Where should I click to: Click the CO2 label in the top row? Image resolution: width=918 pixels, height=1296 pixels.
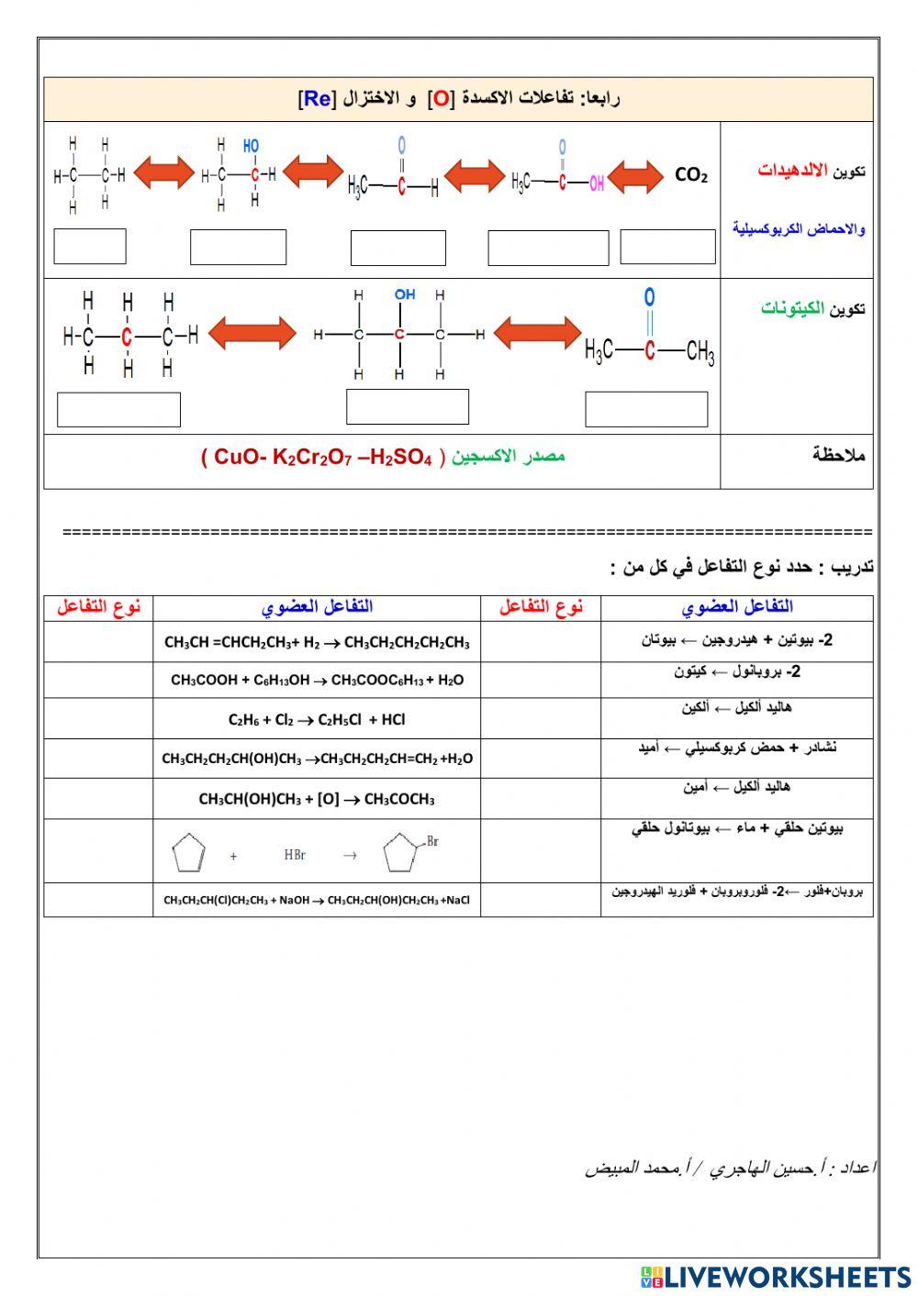click(x=690, y=175)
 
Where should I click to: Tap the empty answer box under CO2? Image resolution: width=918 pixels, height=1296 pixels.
click(x=667, y=248)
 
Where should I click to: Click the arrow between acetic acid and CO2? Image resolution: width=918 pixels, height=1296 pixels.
click(x=635, y=177)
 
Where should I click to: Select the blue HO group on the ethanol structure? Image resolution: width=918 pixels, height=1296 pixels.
click(x=251, y=146)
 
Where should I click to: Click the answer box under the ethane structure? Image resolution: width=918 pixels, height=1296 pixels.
click(x=90, y=247)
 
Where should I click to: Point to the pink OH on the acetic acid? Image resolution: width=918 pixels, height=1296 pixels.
click(x=596, y=183)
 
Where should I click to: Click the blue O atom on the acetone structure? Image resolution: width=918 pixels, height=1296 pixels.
click(x=649, y=298)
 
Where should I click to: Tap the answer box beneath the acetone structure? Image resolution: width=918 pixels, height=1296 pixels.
click(x=646, y=409)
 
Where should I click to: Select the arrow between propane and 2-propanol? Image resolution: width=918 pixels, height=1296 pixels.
click(x=252, y=333)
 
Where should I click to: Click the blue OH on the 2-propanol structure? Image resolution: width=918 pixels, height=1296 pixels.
click(x=405, y=294)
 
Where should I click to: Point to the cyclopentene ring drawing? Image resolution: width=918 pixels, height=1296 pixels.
click(x=187, y=854)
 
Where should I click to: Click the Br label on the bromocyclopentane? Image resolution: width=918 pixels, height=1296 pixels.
click(x=432, y=841)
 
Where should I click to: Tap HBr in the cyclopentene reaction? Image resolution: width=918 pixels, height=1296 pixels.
click(x=295, y=855)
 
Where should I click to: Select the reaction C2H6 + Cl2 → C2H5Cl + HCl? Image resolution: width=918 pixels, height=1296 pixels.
click(x=317, y=720)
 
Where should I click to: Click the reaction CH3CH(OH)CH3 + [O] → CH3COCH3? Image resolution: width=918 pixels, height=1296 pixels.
click(x=317, y=799)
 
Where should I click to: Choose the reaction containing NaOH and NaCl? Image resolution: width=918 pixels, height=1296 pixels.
click(x=317, y=900)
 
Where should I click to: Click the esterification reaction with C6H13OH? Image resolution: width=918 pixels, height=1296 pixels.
click(x=317, y=680)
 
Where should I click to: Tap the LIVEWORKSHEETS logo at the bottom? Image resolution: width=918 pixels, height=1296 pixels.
click(x=775, y=1277)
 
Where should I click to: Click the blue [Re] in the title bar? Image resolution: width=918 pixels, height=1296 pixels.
click(x=317, y=99)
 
